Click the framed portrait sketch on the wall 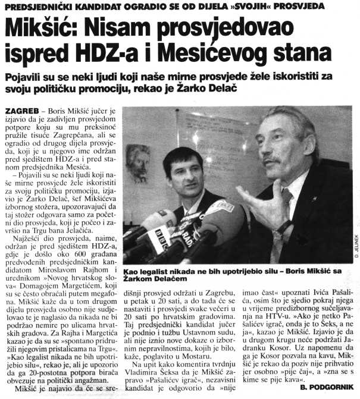139,161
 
